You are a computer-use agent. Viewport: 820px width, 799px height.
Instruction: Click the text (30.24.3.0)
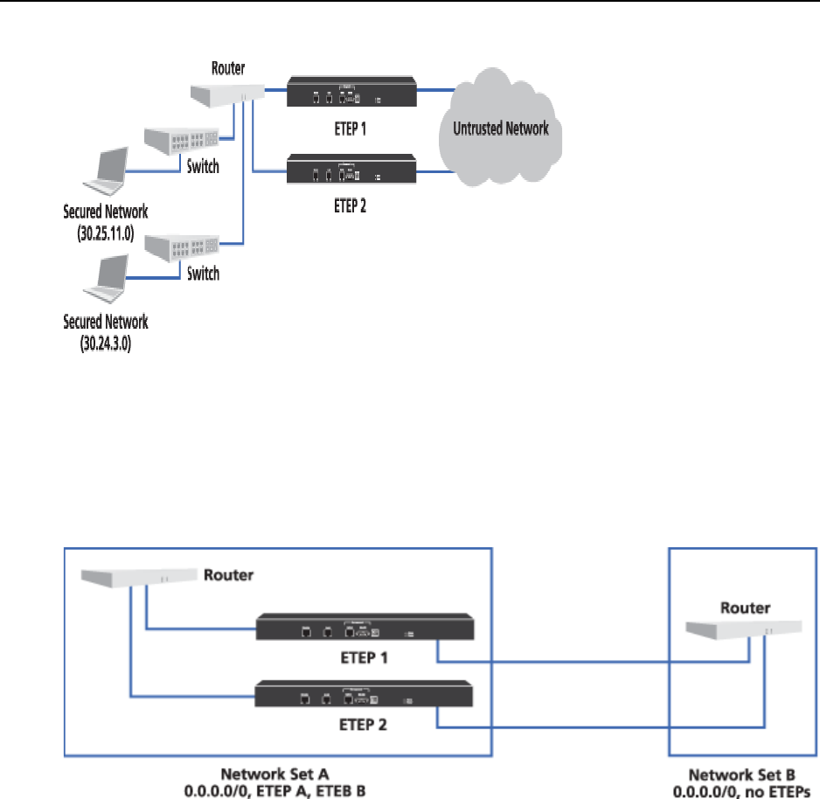click(x=105, y=336)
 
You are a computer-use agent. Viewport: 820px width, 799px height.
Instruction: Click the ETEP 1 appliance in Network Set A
click(x=365, y=628)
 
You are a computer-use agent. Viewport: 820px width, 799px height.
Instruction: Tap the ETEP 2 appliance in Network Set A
click(x=365, y=696)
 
